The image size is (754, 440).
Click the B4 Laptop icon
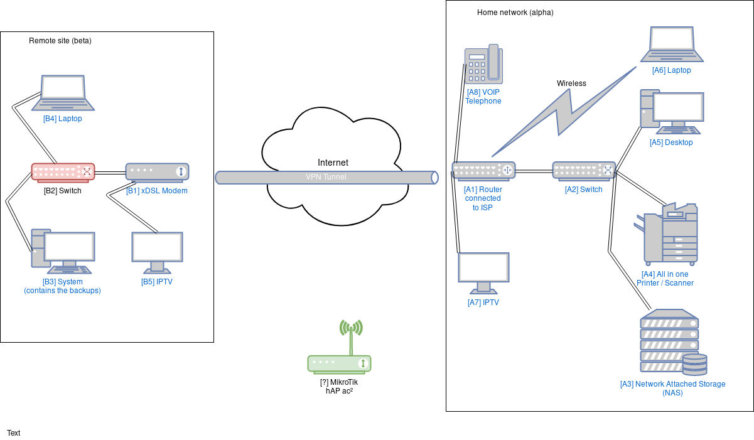(63, 92)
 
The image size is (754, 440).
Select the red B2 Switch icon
(63, 171)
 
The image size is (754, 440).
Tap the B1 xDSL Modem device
(157, 171)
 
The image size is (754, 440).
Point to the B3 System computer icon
(63, 252)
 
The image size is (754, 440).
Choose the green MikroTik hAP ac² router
(339, 363)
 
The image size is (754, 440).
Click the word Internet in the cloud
(333, 163)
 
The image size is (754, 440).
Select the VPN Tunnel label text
(326, 177)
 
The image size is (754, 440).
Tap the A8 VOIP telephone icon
(483, 64)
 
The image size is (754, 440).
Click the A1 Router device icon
(483, 170)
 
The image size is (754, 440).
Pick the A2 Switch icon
(584, 170)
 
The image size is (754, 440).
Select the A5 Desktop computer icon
(672, 112)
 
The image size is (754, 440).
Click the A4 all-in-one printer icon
(668, 233)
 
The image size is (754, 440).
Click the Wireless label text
(571, 83)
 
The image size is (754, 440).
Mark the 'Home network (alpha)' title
(515, 13)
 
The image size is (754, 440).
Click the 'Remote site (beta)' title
(60, 41)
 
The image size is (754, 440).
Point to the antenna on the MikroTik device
(351, 336)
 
